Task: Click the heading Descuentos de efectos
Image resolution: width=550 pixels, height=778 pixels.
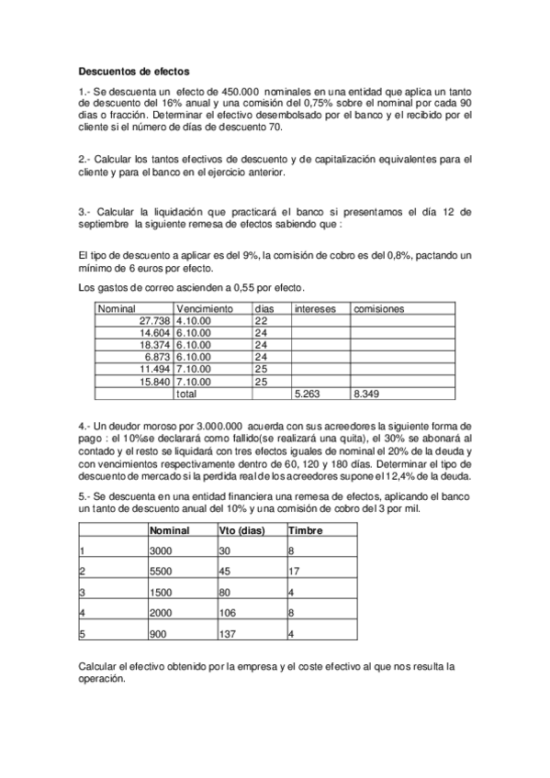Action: point(134,70)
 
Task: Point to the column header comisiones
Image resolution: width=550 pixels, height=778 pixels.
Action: point(378,309)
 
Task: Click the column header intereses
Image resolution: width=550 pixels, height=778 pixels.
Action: point(314,309)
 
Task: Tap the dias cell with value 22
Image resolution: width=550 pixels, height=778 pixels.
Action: point(261,321)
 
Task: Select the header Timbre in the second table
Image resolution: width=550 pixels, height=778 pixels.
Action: point(305,530)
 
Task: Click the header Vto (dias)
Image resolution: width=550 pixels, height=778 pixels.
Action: point(241,530)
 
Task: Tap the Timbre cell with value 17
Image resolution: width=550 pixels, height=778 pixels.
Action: point(294,571)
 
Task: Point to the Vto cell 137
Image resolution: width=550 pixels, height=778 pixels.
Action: point(228,634)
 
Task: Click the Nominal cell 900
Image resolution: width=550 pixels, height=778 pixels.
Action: point(158,634)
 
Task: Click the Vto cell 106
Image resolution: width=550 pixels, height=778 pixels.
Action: point(228,613)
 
